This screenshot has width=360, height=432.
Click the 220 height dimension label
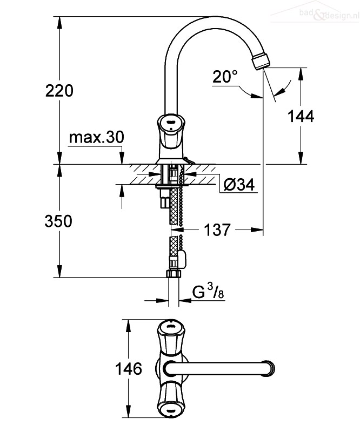[59, 91]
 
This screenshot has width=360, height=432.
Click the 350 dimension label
[58, 221]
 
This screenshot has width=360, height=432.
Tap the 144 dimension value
[301, 116]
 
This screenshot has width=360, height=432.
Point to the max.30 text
[97, 137]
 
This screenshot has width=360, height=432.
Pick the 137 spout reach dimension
[217, 230]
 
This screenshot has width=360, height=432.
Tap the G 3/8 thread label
[208, 292]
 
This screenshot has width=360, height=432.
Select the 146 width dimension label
[129, 369]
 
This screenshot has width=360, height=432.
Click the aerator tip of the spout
[261, 61]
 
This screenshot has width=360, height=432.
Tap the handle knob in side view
[169, 131]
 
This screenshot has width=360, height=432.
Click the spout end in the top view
[269, 368]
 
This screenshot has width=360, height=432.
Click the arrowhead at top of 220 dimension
[59, 23]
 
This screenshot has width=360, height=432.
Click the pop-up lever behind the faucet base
[189, 160]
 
